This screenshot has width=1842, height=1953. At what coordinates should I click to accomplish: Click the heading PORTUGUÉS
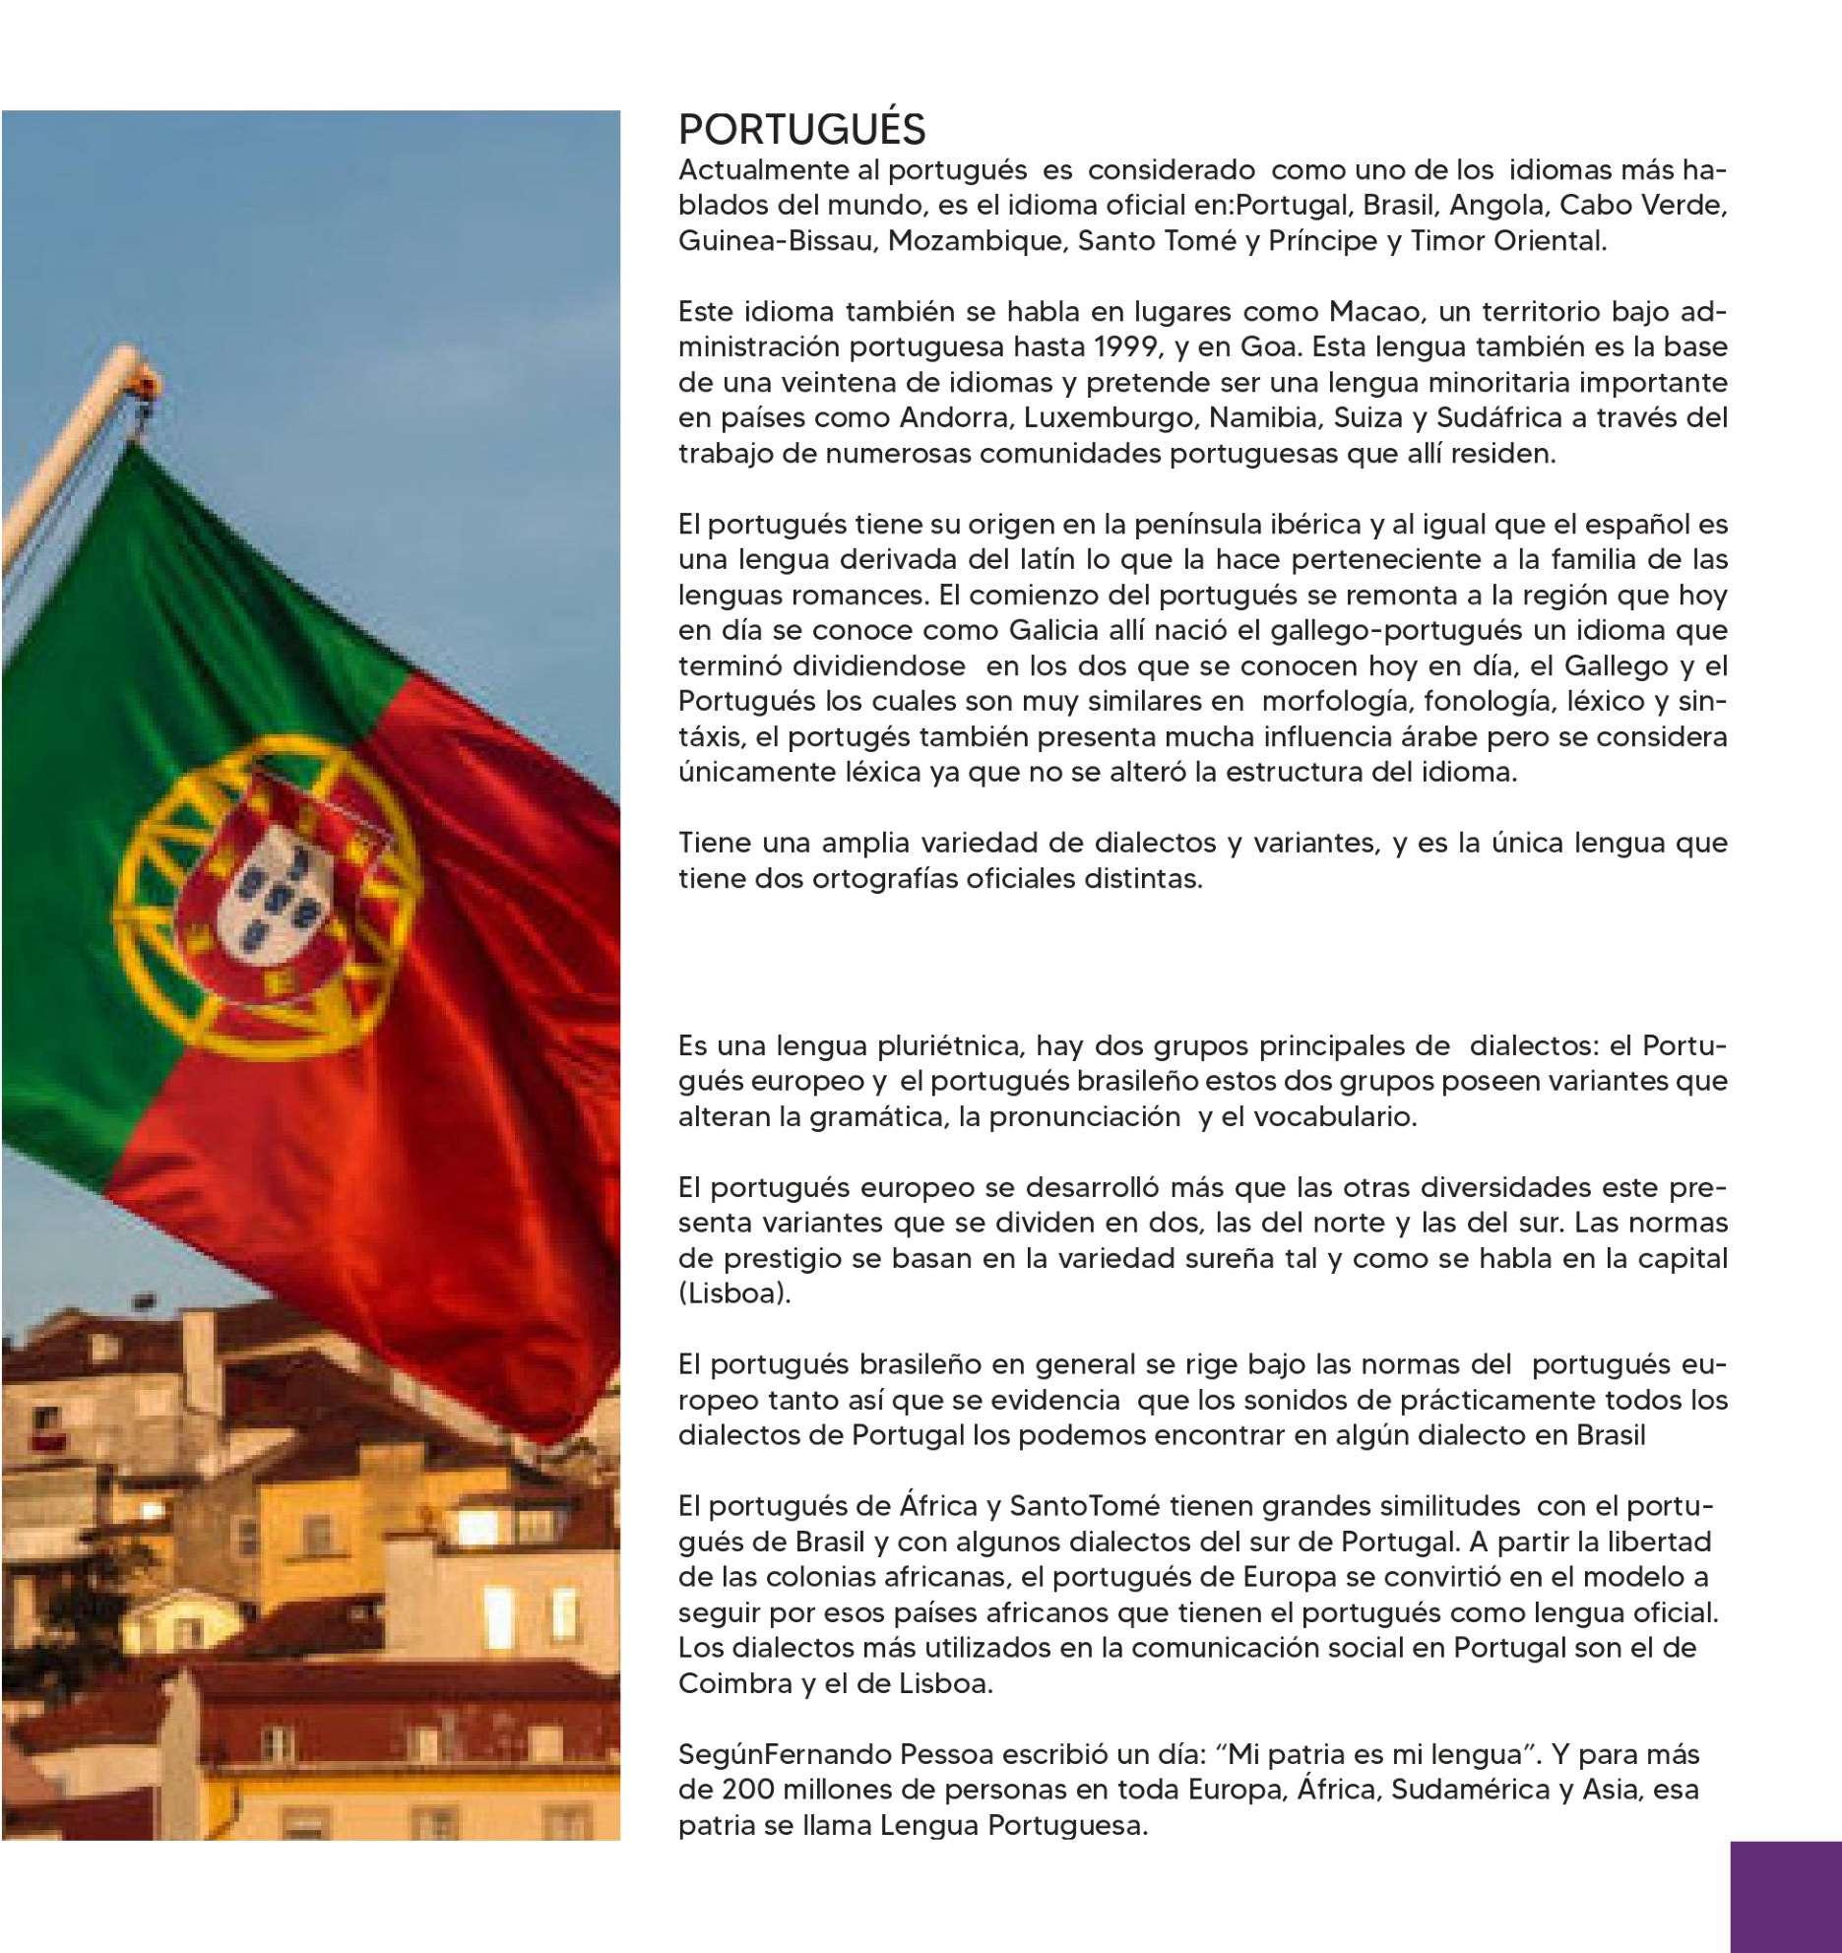[x=802, y=130]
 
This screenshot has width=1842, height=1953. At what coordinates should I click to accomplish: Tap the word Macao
[x=1376, y=312]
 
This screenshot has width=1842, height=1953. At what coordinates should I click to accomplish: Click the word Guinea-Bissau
[x=776, y=241]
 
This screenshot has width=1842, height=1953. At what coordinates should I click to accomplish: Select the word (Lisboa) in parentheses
[x=734, y=1293]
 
